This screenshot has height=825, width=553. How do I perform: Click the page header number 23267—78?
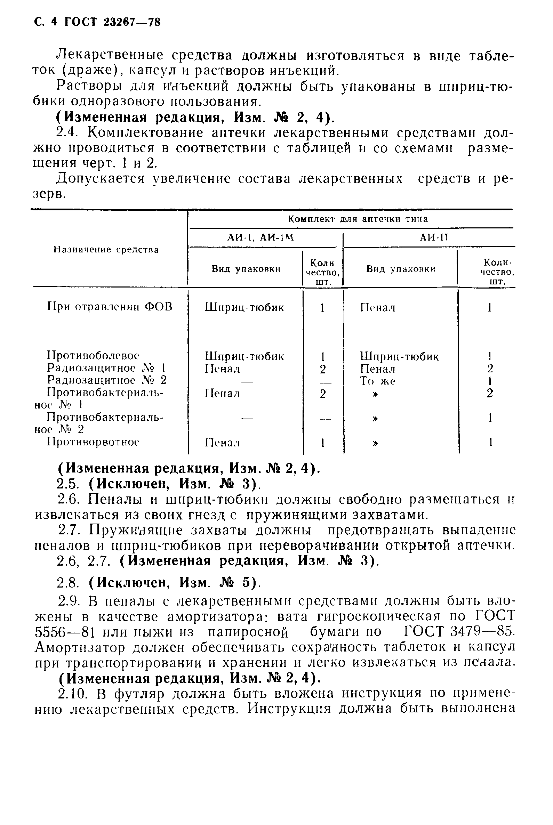132,23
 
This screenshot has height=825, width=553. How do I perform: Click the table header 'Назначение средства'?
106,250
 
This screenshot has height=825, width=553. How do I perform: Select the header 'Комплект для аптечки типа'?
358,219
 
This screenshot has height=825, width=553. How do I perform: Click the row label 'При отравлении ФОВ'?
110,307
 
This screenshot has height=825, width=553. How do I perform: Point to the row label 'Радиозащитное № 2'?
106,380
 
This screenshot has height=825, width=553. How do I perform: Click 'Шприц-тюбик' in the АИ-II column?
399,356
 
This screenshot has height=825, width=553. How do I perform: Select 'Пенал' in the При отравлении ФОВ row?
377,308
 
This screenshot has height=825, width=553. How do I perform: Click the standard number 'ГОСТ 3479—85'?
459,631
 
